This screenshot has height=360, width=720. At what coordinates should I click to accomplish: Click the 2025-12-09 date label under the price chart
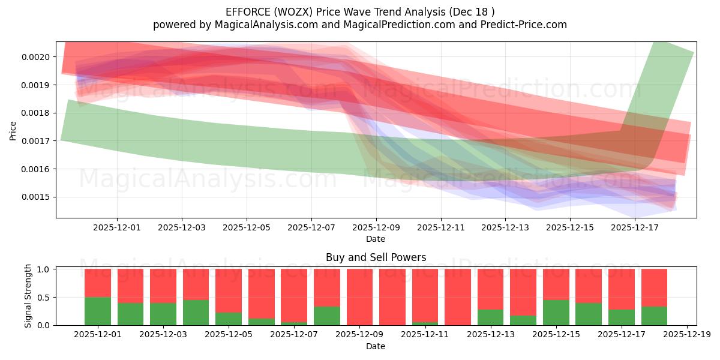tap(376, 227)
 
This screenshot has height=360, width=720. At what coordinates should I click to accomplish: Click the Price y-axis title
tap(13, 130)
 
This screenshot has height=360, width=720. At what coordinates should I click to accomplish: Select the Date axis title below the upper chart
tap(376, 239)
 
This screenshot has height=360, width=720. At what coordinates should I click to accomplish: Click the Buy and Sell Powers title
tap(376, 258)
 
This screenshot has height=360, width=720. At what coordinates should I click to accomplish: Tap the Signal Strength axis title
tap(28, 296)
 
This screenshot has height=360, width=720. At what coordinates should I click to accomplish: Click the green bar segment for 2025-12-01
tap(98, 311)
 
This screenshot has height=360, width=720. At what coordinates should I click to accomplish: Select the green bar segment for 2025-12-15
tap(556, 313)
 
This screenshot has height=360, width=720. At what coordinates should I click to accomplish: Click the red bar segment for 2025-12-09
tap(360, 296)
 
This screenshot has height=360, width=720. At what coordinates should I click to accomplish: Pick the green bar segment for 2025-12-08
tap(327, 316)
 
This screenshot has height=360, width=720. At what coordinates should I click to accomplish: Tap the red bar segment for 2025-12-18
tap(654, 287)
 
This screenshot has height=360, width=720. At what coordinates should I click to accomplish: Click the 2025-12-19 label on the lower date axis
tap(686, 335)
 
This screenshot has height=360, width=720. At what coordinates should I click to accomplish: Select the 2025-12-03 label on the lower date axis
tap(164, 335)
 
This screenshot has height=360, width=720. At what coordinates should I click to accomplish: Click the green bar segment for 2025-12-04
tap(196, 313)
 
